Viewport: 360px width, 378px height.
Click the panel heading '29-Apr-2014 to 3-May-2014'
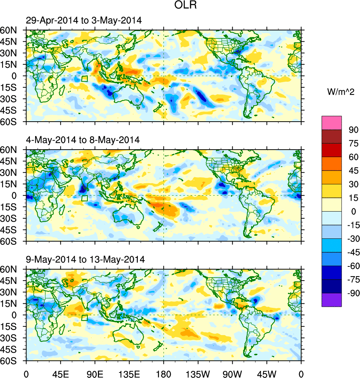[x=84, y=21]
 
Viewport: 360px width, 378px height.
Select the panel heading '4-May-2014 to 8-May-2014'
[x=83, y=140]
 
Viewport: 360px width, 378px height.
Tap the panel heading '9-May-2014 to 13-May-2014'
[x=85, y=259]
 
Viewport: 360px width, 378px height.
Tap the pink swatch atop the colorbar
[x=332, y=122]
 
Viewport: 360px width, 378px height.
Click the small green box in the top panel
[x=84, y=79]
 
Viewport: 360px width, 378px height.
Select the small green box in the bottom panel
[x=84, y=318]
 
